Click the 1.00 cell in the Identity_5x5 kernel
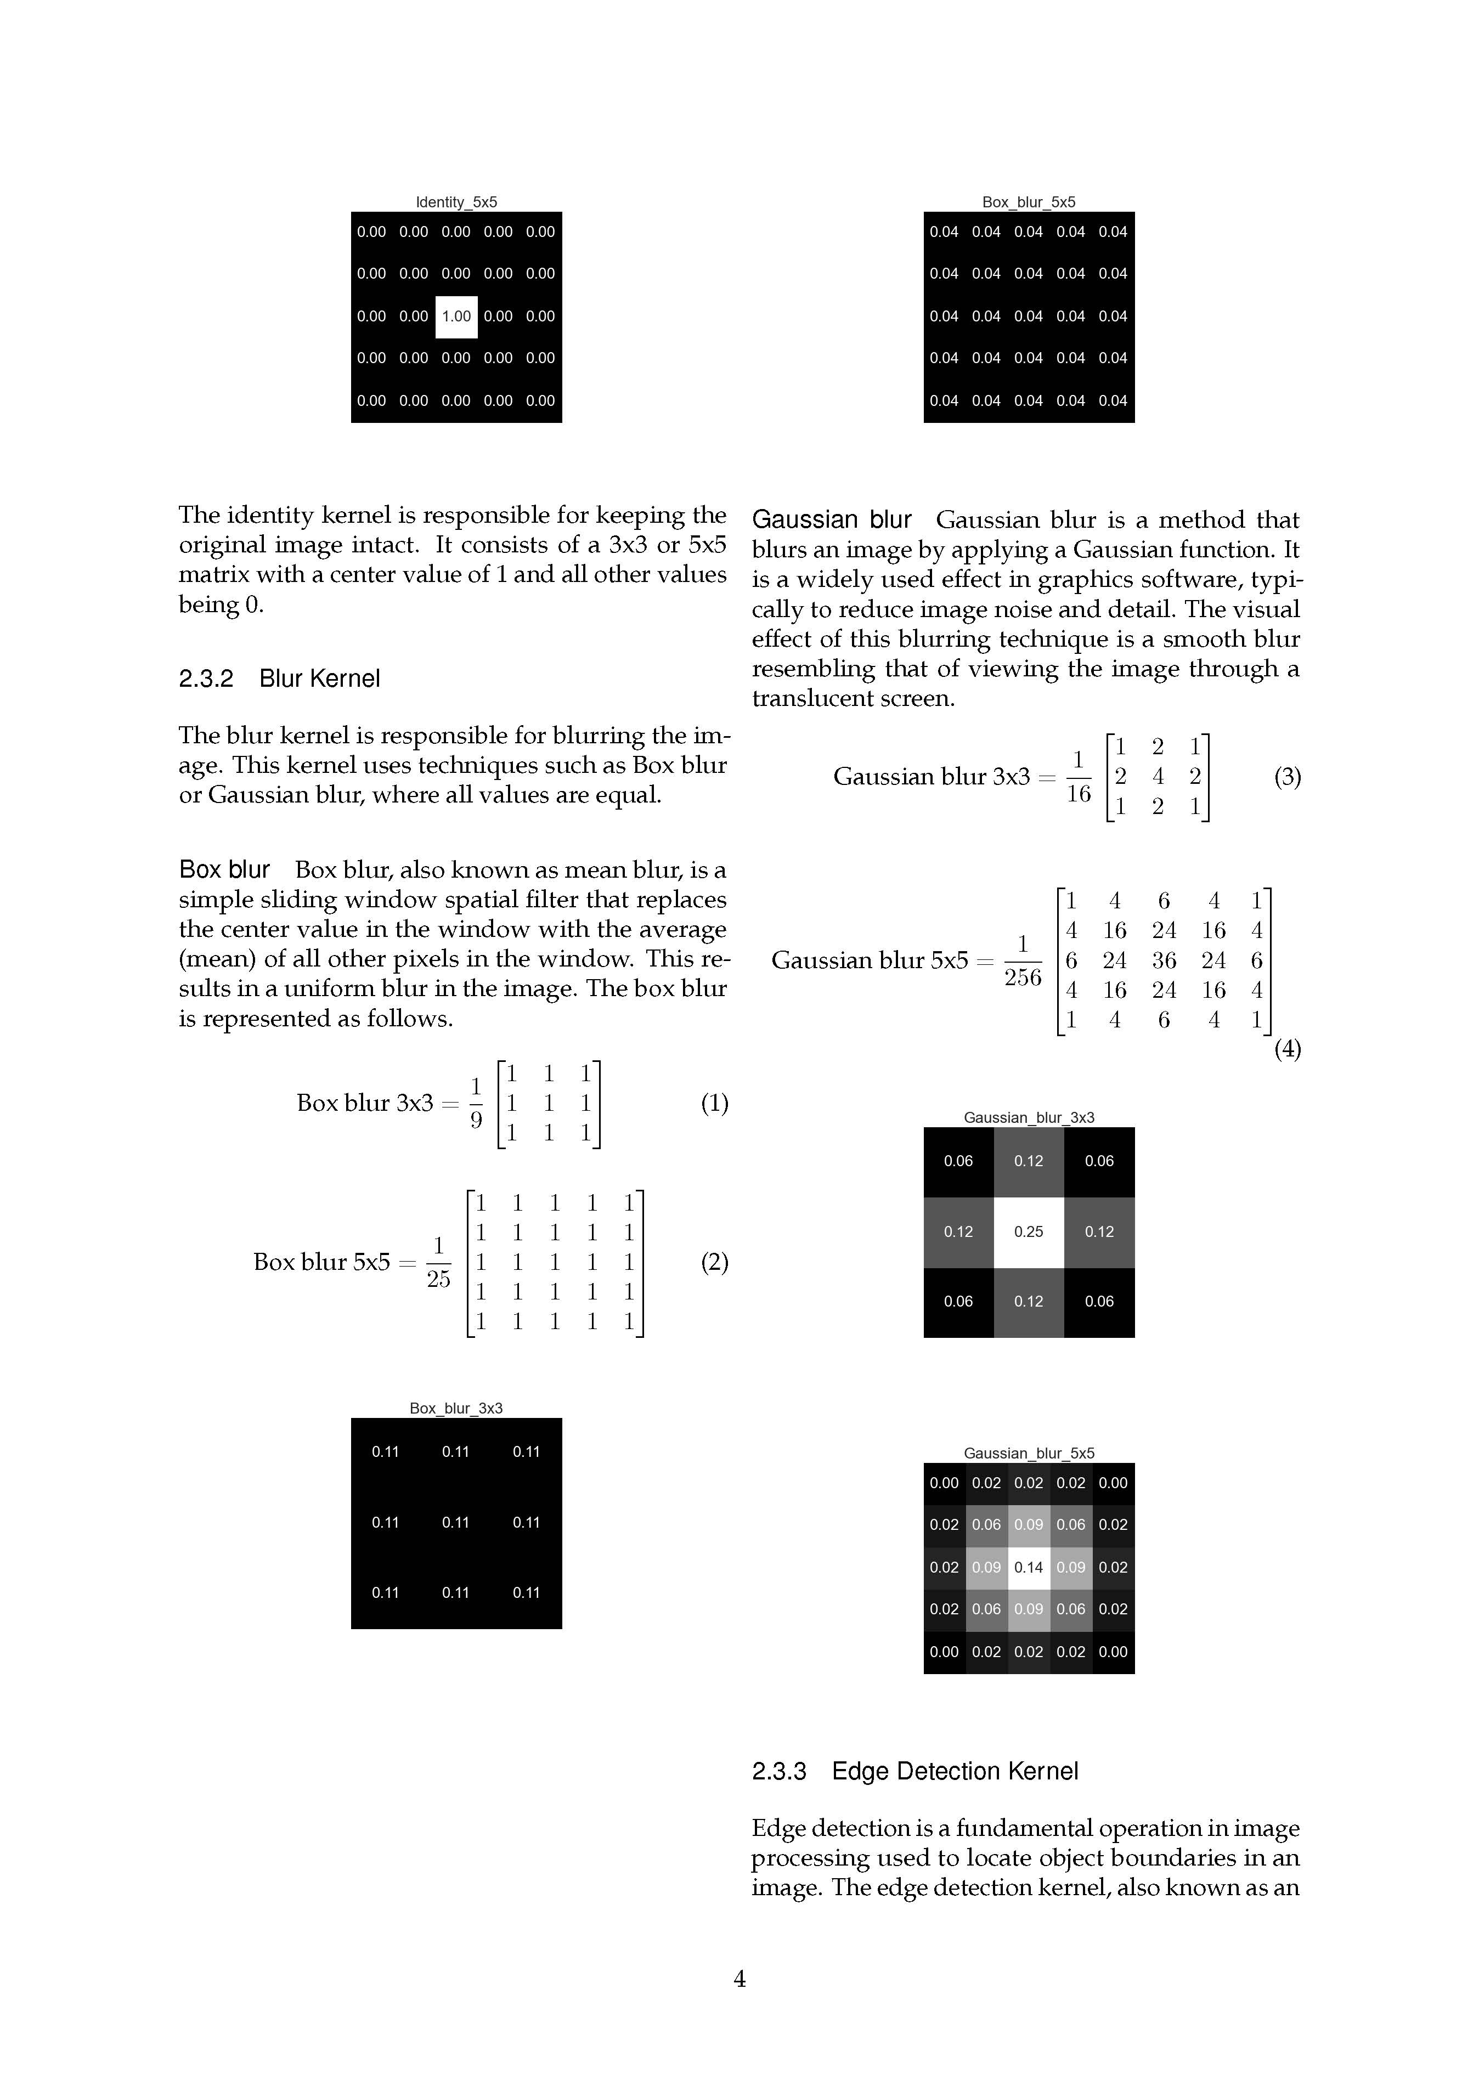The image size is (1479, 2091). [456, 316]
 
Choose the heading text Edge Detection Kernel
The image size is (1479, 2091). [955, 1771]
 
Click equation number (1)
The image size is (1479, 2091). [714, 1103]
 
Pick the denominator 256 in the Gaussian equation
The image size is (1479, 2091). [1023, 977]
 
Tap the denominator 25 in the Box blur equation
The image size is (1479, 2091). [438, 1279]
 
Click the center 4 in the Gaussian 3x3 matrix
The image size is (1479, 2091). [1158, 776]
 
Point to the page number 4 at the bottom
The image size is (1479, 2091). [740, 1979]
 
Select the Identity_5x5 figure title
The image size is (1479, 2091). [456, 202]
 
